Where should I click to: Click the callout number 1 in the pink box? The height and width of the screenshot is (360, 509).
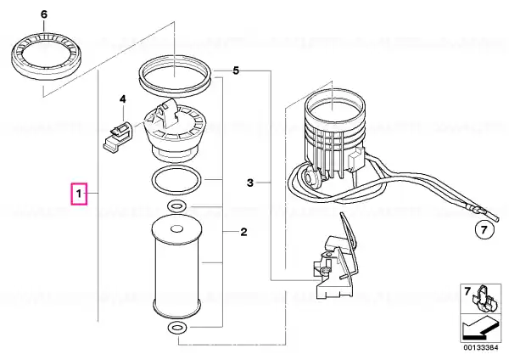pos(79,194)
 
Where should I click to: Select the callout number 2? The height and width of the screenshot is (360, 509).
pos(243,232)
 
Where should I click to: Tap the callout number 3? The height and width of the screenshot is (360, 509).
pos(250,183)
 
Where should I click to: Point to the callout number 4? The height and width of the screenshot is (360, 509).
pos(123,98)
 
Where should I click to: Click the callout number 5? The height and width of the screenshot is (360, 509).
pos(236,70)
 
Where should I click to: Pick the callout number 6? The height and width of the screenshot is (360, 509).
pos(44,14)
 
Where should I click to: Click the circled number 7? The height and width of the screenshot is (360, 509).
pos(484,230)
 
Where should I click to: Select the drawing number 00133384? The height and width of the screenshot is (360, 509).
pos(480,347)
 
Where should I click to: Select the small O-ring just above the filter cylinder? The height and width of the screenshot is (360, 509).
pos(176,206)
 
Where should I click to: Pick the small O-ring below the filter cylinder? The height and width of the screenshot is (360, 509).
pos(177,328)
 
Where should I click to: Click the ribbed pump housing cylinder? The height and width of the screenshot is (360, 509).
pos(335,130)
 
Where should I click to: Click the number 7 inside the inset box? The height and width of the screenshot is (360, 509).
pos(467,291)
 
